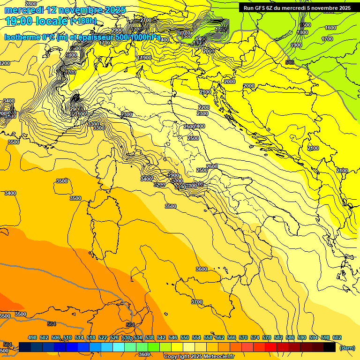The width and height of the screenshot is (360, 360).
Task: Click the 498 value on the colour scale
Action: [32, 337]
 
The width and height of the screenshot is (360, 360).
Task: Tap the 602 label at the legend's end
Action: [337, 337]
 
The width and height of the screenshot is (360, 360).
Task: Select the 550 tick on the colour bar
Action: [185, 337]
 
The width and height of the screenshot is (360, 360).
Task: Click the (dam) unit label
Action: [347, 347]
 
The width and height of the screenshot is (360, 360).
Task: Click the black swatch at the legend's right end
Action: [330, 347]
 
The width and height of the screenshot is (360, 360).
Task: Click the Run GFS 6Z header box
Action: [297, 8]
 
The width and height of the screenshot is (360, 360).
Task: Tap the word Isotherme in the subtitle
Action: [22, 37]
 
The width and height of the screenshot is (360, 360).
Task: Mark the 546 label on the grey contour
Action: [290, 62]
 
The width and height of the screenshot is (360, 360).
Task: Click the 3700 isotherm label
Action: [197, 302]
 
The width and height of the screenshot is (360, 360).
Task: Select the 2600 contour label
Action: [212, 166]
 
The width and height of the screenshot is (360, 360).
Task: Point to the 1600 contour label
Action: [330, 28]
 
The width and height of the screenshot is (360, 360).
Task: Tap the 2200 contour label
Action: [203, 107]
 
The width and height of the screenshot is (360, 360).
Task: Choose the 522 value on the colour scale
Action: [103, 337]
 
